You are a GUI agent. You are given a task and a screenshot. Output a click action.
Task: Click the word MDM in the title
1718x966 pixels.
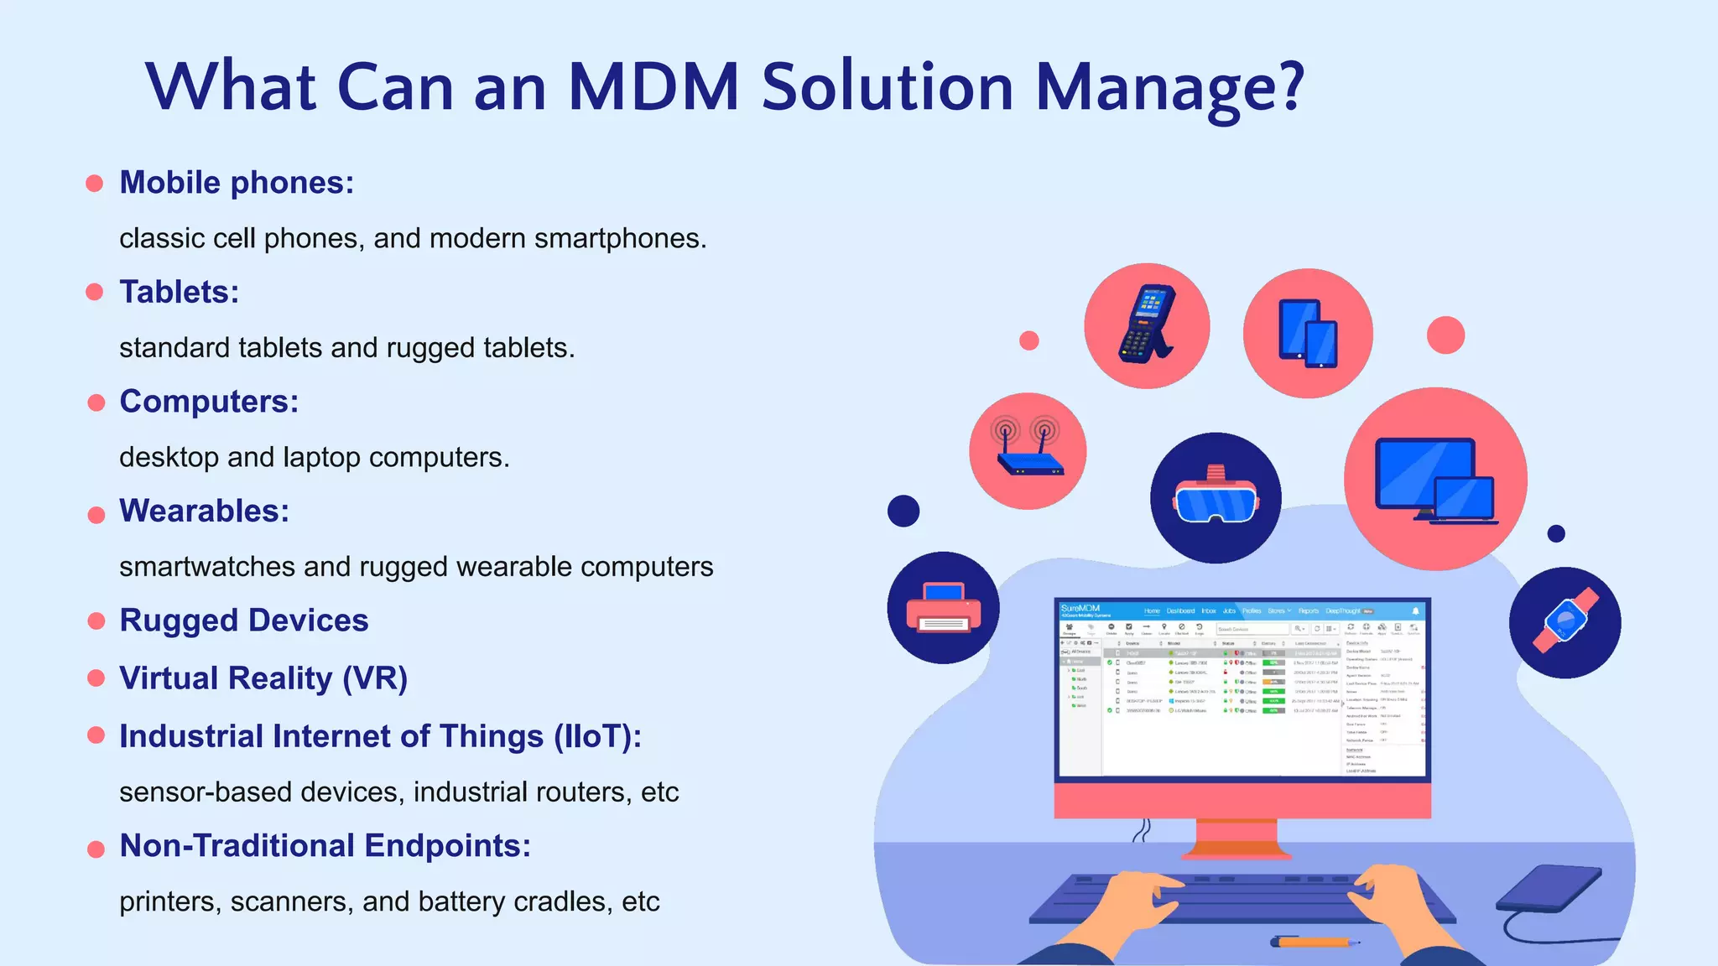point(653,87)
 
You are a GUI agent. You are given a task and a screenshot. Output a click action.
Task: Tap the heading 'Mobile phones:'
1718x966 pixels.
point(237,183)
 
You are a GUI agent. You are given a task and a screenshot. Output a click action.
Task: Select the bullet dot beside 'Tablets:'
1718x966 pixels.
point(95,292)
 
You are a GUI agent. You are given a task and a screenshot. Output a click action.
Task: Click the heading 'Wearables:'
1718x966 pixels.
point(204,511)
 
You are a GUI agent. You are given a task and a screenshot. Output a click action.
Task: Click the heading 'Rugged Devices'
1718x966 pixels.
point(243,621)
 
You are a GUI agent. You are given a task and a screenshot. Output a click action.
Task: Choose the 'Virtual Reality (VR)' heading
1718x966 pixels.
point(263,678)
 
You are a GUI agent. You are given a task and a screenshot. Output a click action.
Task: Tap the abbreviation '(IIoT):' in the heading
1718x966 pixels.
point(596,736)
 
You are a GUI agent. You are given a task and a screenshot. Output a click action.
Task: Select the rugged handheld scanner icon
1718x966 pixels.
point(1146,325)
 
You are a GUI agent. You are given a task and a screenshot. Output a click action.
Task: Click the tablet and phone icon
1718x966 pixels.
point(1307,334)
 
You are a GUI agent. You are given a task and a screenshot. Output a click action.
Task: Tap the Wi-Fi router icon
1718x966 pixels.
point(1028,451)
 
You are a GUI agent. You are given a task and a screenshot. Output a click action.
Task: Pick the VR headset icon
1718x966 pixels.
point(1216,499)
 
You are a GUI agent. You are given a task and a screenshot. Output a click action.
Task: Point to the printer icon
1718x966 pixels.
point(943,608)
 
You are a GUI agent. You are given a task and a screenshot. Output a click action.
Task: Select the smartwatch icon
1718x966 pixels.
point(1564,622)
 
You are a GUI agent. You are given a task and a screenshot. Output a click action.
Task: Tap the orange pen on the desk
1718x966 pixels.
point(1313,942)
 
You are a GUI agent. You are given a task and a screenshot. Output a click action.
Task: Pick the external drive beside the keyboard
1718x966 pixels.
point(1550,889)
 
